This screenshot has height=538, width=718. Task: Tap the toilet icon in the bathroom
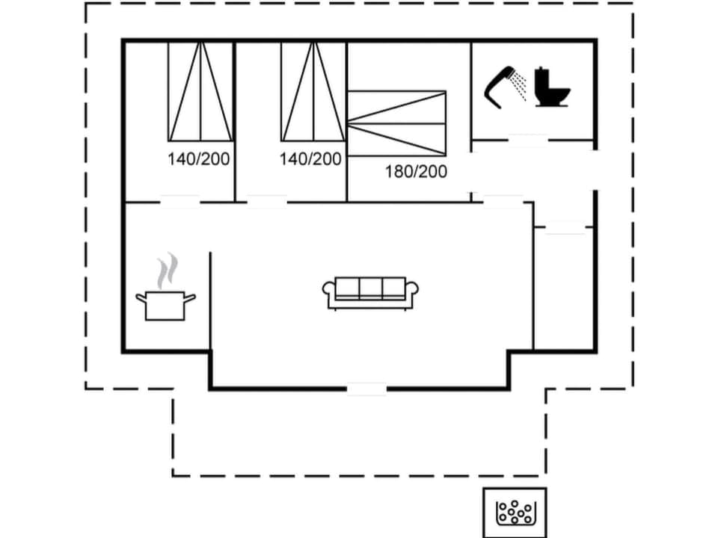[552, 88]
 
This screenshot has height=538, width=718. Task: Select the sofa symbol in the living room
[370, 292]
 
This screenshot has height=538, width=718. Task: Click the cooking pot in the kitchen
[165, 305]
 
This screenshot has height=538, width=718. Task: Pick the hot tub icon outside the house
[515, 512]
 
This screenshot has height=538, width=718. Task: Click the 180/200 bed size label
[416, 172]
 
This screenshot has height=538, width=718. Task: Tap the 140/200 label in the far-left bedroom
[198, 159]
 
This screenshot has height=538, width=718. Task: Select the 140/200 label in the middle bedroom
[310, 159]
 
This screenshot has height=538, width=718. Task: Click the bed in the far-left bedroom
[200, 91]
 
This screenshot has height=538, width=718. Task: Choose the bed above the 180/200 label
[397, 124]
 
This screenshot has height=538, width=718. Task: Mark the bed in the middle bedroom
[313, 91]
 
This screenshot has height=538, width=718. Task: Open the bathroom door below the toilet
[527, 139]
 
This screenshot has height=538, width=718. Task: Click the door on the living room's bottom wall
[366, 388]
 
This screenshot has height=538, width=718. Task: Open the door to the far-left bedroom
[180, 201]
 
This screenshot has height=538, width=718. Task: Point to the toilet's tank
[541, 77]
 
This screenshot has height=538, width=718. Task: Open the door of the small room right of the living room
[565, 228]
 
